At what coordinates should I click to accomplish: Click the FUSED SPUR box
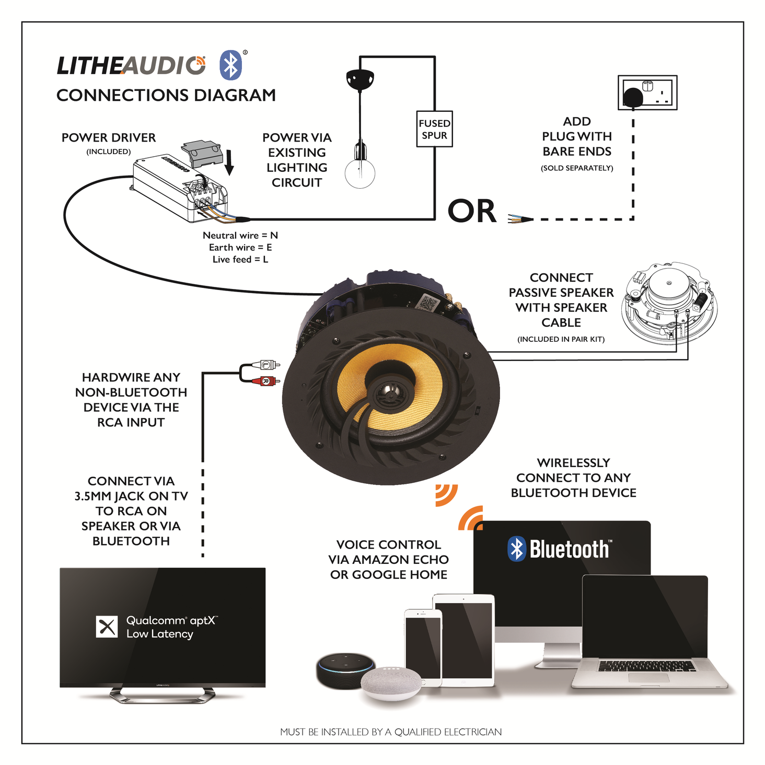pyautogui.click(x=434, y=129)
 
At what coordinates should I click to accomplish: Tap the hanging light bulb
pyautogui.click(x=360, y=172)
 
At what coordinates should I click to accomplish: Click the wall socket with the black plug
pyautogui.click(x=647, y=93)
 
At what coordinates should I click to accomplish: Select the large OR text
pyautogui.click(x=472, y=212)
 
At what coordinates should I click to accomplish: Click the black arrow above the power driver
pyautogui.click(x=229, y=162)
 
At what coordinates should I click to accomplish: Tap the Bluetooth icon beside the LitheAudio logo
pyautogui.click(x=230, y=65)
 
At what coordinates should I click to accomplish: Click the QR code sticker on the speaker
pyautogui.click(x=428, y=303)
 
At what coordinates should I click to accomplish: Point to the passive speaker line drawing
pyautogui.click(x=669, y=303)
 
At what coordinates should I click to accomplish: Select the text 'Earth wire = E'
pyautogui.click(x=240, y=248)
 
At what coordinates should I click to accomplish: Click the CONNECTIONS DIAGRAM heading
pyautogui.click(x=166, y=96)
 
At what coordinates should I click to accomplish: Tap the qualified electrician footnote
pyautogui.click(x=391, y=732)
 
